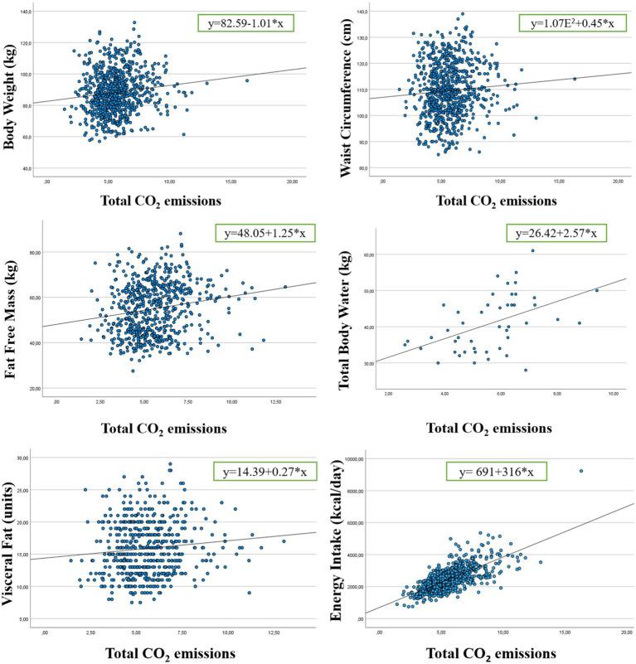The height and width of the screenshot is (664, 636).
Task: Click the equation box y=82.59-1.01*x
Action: tap(249, 21)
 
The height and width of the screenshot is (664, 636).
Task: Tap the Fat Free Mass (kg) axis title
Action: tap(11, 312)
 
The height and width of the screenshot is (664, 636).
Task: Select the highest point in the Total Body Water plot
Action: tap(532, 250)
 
